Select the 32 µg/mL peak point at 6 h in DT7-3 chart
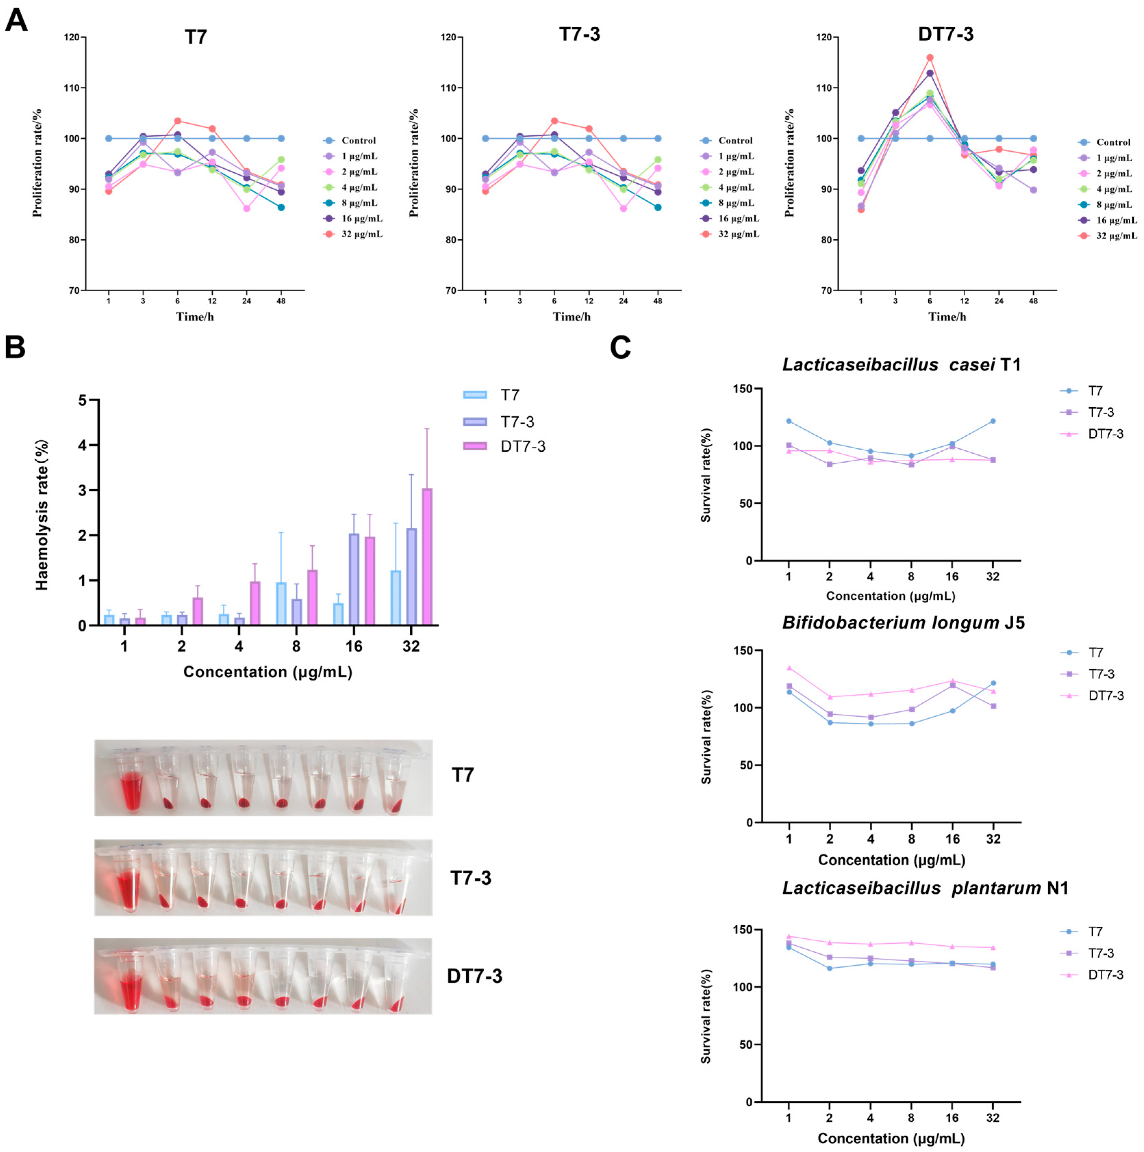coord(930,58)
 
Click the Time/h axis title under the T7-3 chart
coord(572,317)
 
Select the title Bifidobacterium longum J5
coord(903,623)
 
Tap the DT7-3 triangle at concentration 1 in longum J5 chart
coord(789,668)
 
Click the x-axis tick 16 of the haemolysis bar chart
coord(354,646)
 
